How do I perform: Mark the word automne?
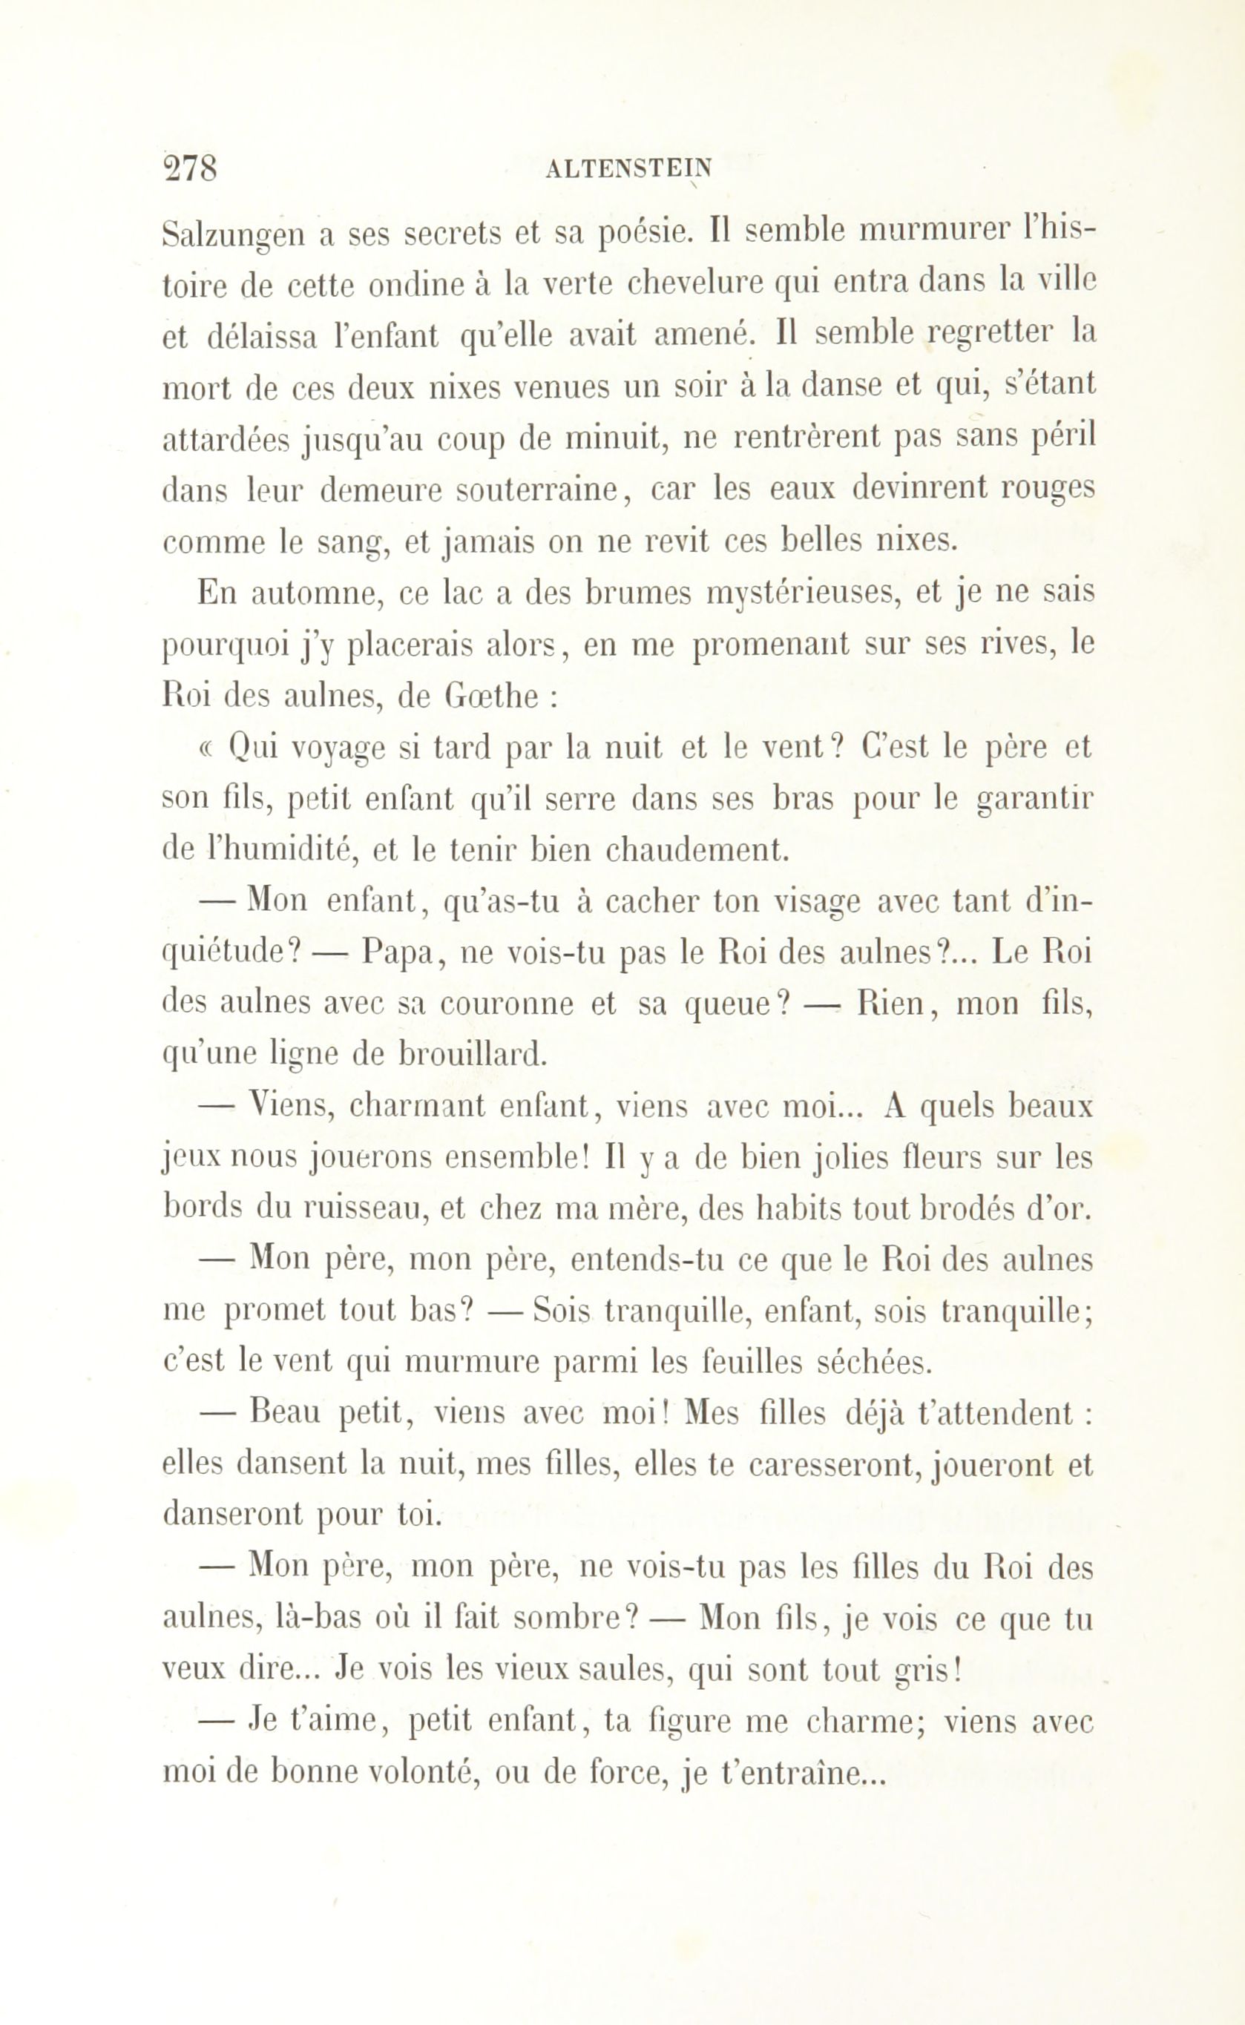[x=317, y=594]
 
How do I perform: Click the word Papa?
[x=399, y=953]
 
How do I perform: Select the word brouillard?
[x=472, y=1056]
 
